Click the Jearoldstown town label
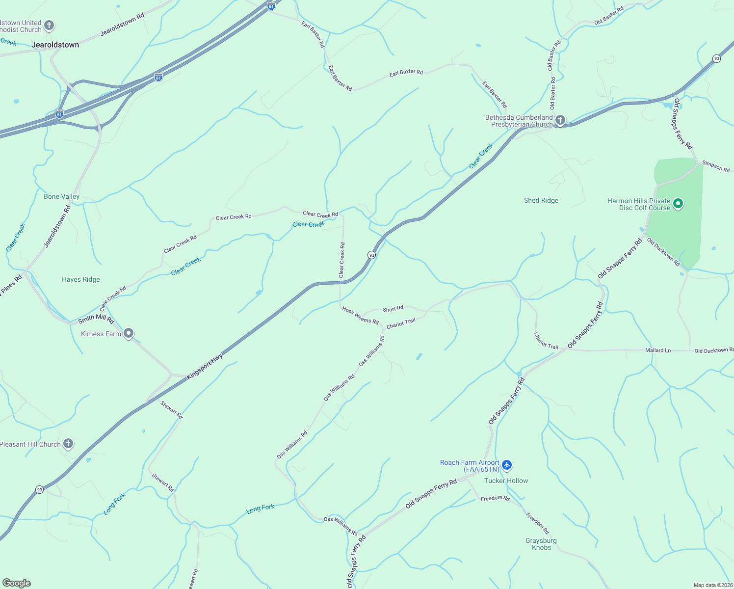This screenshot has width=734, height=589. [x=55, y=45]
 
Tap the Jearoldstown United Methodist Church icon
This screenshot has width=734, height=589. [x=49, y=26]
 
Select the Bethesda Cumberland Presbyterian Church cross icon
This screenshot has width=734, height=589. [x=560, y=120]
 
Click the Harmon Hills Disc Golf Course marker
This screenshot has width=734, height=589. [x=678, y=204]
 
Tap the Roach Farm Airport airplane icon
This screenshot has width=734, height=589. [x=507, y=465]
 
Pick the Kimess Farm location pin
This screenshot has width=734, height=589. [x=129, y=334]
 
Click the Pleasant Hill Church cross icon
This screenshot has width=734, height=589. [x=68, y=444]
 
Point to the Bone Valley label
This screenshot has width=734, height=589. [x=61, y=196]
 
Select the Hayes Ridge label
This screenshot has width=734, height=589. [x=81, y=279]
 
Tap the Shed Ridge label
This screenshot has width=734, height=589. [x=541, y=200]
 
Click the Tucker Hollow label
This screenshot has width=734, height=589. [x=506, y=481]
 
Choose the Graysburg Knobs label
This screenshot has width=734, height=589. [x=541, y=544]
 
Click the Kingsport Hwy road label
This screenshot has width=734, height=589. [x=205, y=366]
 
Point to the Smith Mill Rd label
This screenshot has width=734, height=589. [x=96, y=319]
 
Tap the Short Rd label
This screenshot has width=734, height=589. [x=393, y=309]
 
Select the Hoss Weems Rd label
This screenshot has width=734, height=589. [x=361, y=316]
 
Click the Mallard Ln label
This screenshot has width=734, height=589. [x=658, y=350]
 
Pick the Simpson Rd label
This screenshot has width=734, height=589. [x=716, y=166]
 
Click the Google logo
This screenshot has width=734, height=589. [x=16, y=583]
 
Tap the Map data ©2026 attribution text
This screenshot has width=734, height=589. [x=712, y=585]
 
